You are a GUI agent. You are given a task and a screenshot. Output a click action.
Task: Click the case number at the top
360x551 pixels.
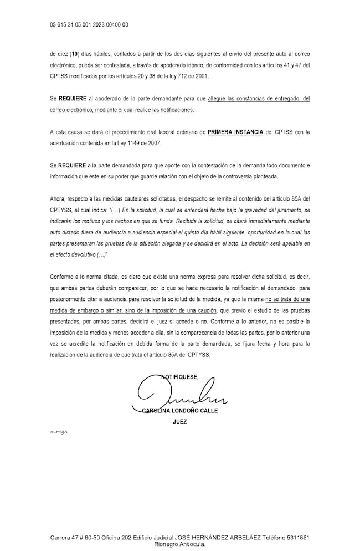[89, 25]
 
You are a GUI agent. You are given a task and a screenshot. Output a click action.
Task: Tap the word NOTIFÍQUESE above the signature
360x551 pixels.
[179, 377]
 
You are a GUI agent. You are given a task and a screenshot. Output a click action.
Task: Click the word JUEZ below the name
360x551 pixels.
[179, 422]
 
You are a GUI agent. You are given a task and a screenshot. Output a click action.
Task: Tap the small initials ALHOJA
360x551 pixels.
[58, 432]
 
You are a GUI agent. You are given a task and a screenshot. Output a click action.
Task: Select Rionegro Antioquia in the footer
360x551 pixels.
[179, 544]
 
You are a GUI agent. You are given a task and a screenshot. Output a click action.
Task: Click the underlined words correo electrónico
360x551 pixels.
[72, 110]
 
